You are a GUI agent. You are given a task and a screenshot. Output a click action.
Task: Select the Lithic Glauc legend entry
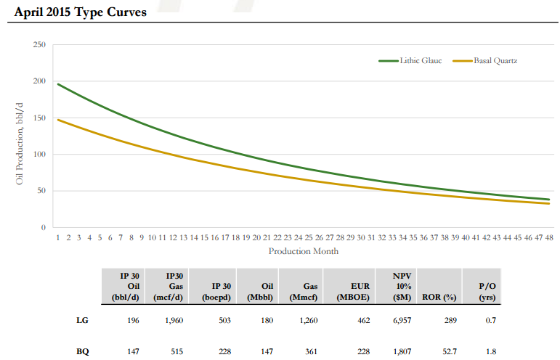(420, 60)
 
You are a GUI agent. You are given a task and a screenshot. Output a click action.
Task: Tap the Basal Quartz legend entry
(495, 60)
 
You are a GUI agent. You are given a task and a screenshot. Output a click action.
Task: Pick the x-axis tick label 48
(550, 237)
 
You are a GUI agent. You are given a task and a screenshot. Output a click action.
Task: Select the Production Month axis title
(303, 251)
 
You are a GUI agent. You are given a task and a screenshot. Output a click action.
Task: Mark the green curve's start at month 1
(58, 84)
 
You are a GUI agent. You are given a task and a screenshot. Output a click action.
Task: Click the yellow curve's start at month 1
(58, 120)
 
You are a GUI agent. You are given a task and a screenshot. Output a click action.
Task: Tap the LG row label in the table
(82, 319)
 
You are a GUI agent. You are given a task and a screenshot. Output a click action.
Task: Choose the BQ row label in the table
(82, 351)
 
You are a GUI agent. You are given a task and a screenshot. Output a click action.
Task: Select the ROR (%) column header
(439, 296)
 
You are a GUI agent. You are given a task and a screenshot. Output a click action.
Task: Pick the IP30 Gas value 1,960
(172, 319)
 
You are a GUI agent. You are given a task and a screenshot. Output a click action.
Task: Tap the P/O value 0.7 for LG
(490, 319)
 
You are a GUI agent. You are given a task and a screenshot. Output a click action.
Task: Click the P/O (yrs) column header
(487, 292)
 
